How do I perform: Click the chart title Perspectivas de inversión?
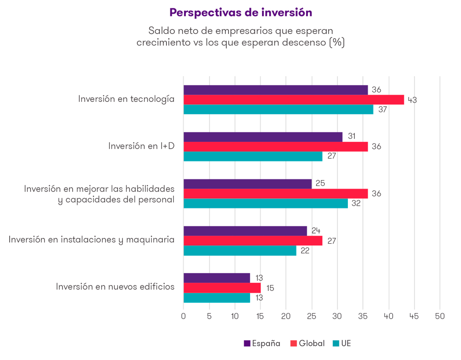[240, 13]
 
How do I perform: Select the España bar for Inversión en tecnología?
[275, 90]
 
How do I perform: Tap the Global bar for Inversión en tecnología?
[293, 100]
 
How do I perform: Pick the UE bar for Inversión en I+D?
[252, 156]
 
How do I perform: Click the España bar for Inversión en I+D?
[262, 137]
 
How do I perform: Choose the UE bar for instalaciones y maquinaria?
[240, 251]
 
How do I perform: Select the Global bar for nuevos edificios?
[222, 288]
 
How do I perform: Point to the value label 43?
[412, 100]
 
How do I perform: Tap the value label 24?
[315, 230]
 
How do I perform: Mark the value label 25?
[320, 183]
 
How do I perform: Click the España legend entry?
[262, 343]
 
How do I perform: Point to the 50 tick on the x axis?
[440, 316]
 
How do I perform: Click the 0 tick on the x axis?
[184, 316]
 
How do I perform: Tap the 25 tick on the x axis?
[312, 316]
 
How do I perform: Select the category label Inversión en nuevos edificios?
[115, 287]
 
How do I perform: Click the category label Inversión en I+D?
[141, 146]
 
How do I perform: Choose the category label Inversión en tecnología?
[126, 99]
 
